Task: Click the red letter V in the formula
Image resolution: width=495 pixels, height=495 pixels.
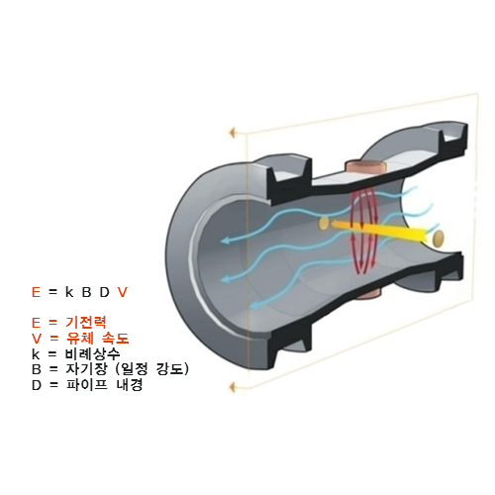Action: click(123, 292)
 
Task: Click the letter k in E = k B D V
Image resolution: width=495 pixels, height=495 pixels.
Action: click(69, 292)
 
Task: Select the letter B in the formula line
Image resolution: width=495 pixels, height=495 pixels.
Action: click(86, 292)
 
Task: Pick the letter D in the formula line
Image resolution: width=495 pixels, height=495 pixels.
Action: click(104, 292)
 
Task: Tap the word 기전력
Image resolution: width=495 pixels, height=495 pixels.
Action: click(86, 322)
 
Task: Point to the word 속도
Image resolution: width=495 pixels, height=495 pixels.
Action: click(115, 338)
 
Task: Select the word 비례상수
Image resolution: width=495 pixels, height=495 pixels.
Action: click(92, 353)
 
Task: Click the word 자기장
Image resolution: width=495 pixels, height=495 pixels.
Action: click(86, 368)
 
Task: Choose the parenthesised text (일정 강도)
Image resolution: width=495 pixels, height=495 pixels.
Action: click(152, 369)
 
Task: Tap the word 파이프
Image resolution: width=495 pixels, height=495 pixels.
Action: click(87, 385)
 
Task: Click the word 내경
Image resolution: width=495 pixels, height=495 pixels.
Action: click(130, 385)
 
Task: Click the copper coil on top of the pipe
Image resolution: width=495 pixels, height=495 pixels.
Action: click(365, 166)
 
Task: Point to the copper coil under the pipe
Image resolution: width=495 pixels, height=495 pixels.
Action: click(368, 293)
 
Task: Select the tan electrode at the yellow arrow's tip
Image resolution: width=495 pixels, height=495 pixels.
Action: click(324, 223)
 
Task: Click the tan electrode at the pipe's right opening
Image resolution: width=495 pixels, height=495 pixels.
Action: click(439, 238)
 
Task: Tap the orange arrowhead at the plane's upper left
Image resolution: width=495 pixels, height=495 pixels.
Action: click(233, 133)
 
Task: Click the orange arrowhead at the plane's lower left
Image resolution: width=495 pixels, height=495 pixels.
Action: click(233, 387)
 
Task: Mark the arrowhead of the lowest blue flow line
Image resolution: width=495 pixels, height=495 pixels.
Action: click(254, 305)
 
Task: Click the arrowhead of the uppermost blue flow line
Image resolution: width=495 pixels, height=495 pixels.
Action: click(226, 241)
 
